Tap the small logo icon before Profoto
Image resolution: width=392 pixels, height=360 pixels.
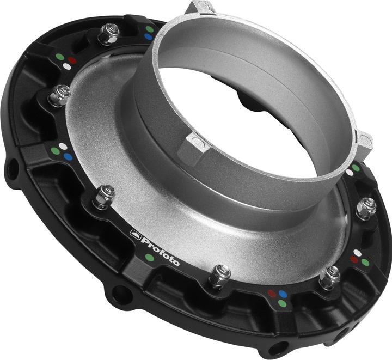coord(135,235)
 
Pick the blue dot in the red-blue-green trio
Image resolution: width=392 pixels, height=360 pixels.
coord(283,294)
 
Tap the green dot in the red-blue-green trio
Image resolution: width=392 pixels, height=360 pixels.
coord(281,303)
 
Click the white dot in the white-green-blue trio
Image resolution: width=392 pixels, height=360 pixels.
coord(64,147)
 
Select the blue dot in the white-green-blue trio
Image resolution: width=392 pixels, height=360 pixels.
coord(68,156)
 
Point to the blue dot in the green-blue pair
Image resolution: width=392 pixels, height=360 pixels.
coord(148,37)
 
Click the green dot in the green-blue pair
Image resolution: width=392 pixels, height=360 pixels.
coord(149,29)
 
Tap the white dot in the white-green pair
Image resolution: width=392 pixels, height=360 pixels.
coord(349,173)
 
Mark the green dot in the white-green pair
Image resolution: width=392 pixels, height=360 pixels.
coord(356,168)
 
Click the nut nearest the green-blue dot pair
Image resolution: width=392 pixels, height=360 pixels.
coord(109,34)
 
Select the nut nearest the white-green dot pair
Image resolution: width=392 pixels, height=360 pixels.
coord(366,206)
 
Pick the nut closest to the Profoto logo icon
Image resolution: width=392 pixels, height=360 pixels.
coord(103,196)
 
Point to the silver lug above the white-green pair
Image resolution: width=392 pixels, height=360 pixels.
coord(364,140)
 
